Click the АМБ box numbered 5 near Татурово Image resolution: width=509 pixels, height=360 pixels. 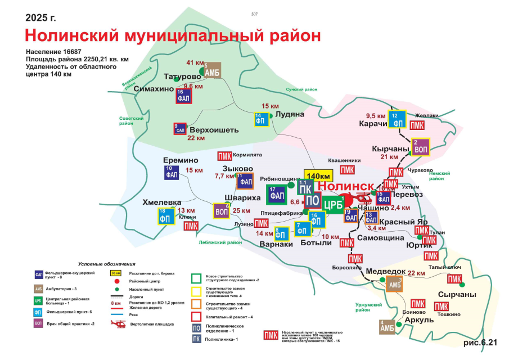(x=212, y=70)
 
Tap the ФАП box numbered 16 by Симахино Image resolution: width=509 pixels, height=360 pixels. (x=183, y=96)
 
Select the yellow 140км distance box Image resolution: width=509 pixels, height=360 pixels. (x=318, y=175)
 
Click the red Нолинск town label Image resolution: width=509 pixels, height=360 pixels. (x=344, y=187)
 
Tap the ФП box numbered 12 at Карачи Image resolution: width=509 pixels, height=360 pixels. (x=398, y=120)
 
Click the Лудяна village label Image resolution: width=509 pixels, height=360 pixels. (x=290, y=114)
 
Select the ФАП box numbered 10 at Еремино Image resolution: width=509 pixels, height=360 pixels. (x=172, y=172)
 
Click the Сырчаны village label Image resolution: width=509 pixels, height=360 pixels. (x=457, y=295)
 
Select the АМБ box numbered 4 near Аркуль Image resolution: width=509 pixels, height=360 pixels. (x=387, y=327)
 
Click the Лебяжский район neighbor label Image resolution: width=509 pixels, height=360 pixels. (x=220, y=242)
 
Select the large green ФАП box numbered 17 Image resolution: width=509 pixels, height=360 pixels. (x=277, y=194)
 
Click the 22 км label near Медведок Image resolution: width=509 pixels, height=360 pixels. (x=416, y=273)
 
